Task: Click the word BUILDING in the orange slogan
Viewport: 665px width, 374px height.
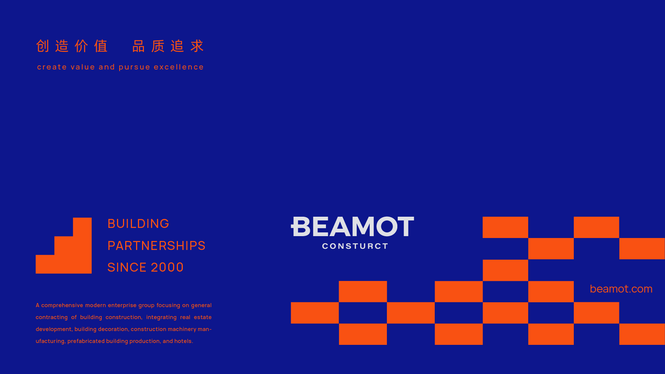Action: [x=138, y=224]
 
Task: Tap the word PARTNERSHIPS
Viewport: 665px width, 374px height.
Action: [x=156, y=246]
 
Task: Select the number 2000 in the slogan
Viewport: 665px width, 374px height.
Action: [x=167, y=268]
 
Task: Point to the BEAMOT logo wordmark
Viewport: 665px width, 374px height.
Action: [x=352, y=226]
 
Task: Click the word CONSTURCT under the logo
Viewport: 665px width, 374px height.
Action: [x=355, y=246]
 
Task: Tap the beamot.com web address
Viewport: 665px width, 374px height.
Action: [x=621, y=289]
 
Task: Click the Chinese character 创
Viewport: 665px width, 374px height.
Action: [x=43, y=46]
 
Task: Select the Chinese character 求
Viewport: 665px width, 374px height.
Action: [x=197, y=46]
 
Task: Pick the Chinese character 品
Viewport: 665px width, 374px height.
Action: [x=139, y=46]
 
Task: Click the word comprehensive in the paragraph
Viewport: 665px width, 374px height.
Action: [x=62, y=306]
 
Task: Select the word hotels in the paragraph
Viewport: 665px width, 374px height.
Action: [x=184, y=341]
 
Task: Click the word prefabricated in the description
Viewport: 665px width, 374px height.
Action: [x=86, y=341]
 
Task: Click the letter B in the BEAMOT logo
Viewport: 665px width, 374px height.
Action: [x=301, y=226]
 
